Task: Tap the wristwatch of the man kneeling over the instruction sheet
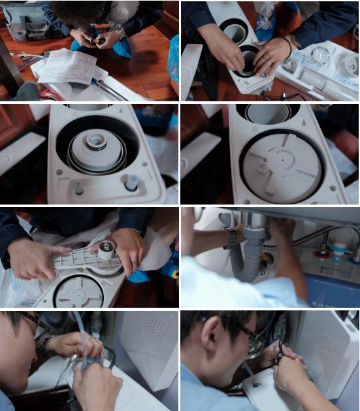point(121,33)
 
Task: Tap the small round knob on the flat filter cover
point(263,168)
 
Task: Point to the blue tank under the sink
point(330,288)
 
